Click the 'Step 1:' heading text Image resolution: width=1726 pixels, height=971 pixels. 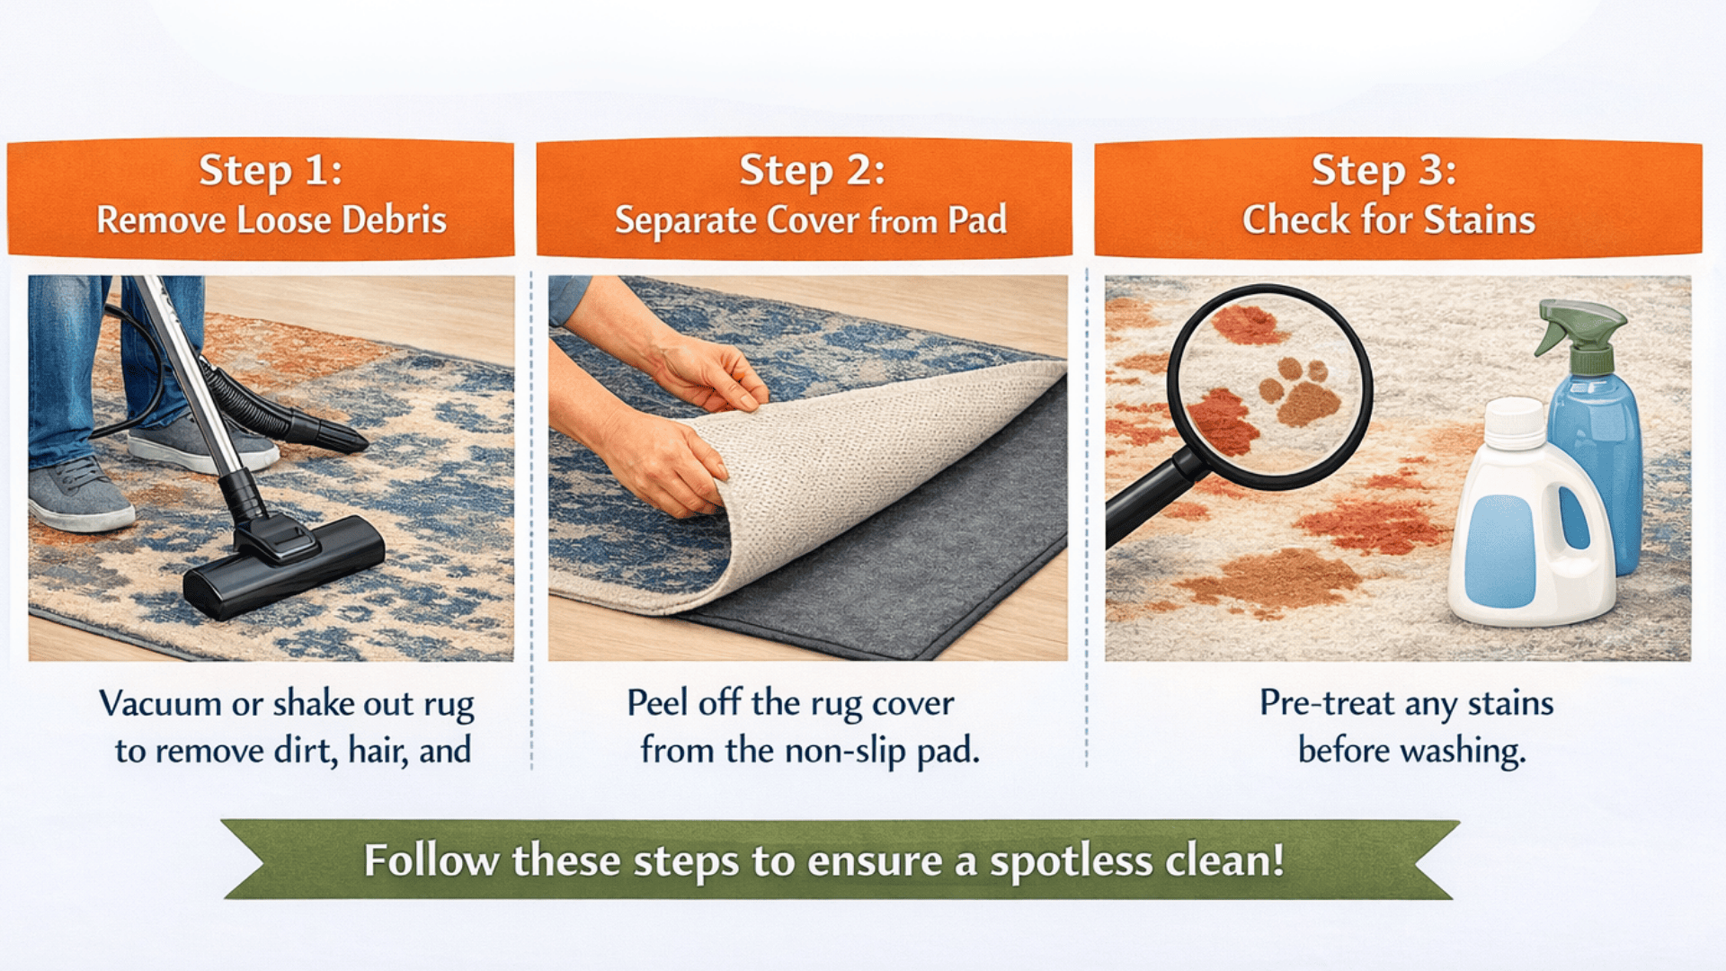(x=271, y=170)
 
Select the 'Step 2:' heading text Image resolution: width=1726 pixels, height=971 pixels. (x=812, y=170)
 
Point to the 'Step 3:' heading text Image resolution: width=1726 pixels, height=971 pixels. (x=1383, y=170)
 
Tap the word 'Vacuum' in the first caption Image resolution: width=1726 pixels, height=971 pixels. (x=160, y=703)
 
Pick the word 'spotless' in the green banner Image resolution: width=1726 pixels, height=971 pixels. (x=1071, y=861)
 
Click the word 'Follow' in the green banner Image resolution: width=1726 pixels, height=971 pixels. (x=431, y=860)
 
